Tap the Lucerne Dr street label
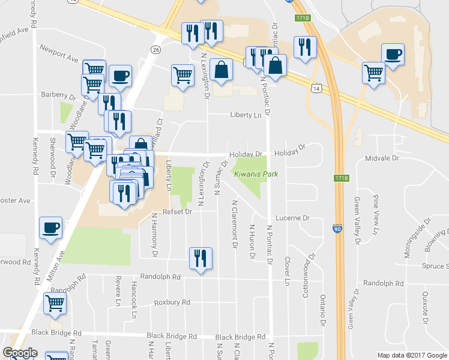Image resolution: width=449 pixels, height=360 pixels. point(292,218)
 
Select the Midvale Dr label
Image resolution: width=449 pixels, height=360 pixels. point(382,158)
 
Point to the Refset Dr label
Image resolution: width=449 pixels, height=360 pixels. point(172,212)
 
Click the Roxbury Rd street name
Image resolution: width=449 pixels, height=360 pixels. point(172,302)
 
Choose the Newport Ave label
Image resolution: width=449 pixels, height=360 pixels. point(59,54)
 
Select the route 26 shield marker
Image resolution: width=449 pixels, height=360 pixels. point(155,50)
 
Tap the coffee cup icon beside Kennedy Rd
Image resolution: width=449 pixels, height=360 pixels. point(50,227)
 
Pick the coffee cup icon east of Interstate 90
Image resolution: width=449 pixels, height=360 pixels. point(393,55)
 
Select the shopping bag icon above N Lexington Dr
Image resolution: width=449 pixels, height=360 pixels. point(221,69)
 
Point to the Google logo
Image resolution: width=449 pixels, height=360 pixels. point(20,353)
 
